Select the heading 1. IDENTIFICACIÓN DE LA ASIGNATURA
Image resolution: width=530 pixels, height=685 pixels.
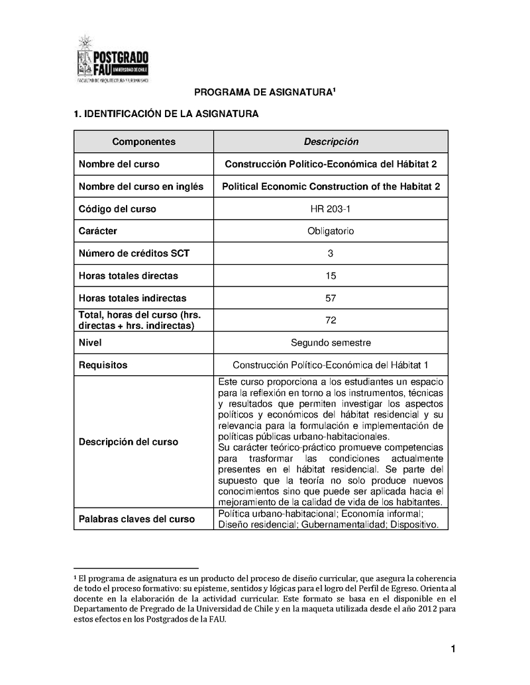coord(165,114)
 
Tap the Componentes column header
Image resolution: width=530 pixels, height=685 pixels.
coord(144,142)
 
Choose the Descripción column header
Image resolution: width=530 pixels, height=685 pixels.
coord(331,142)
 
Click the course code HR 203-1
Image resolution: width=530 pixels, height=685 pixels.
coord(331,209)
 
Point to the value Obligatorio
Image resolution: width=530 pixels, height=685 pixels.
coord(331,232)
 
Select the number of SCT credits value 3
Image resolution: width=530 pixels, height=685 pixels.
coord(331,253)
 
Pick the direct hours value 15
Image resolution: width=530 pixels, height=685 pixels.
coord(331,276)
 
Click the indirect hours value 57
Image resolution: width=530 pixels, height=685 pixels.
coord(331,298)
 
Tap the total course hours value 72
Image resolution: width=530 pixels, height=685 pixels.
coord(331,320)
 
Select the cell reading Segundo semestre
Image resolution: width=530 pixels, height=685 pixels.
coord(331,343)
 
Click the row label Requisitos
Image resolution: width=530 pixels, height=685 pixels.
coord(103,365)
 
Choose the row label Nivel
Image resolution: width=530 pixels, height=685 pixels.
coord(90,343)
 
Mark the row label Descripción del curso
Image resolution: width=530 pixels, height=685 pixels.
coord(129,442)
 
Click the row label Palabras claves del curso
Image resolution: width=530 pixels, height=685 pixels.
coord(136,520)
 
